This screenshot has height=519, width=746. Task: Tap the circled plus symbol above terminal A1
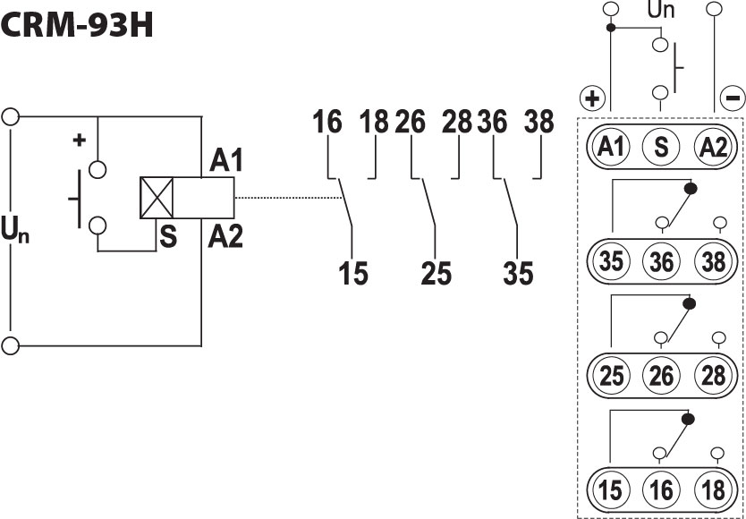tap(593, 98)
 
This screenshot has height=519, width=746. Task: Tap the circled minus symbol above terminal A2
tap(731, 98)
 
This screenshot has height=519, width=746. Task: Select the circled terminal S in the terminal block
tap(661, 147)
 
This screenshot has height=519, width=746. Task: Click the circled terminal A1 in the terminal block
tap(612, 147)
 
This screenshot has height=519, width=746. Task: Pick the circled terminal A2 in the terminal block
tap(712, 147)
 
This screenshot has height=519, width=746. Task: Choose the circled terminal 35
tap(612, 262)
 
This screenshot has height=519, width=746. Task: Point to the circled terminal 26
tap(661, 377)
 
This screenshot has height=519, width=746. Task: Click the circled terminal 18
tap(712, 491)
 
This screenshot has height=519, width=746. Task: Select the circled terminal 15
tap(612, 491)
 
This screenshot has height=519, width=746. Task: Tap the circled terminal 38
tap(712, 262)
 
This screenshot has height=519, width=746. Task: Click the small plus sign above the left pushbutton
tap(80, 140)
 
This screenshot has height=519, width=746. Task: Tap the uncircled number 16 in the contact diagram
tap(327, 123)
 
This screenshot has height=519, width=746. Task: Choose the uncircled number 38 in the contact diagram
tap(539, 123)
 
